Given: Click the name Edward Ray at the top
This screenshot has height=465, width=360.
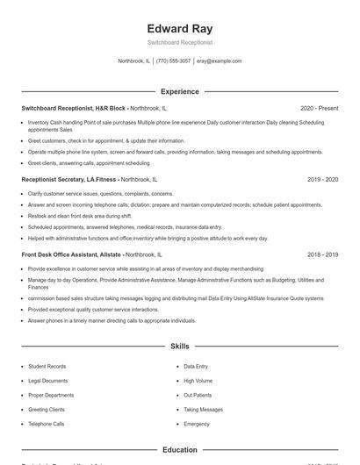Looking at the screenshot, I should [179, 28].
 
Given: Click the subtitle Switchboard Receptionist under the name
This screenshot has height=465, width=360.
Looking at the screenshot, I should [179, 42].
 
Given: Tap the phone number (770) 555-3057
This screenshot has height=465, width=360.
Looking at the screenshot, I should [174, 61].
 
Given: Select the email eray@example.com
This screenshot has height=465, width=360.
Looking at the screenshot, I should [219, 61].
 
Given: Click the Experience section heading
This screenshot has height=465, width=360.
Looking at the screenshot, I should [179, 91].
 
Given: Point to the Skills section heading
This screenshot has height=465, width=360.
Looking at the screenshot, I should [179, 347].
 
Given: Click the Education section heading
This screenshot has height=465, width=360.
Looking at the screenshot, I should [179, 450].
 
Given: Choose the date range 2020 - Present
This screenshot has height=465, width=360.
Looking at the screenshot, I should [319, 108].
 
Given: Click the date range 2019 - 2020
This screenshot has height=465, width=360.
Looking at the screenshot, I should [322, 179].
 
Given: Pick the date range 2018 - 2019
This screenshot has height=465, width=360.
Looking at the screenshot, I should [322, 254].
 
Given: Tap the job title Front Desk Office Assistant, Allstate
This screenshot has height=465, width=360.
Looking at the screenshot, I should [71, 254].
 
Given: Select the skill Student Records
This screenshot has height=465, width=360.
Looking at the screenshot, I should [47, 366].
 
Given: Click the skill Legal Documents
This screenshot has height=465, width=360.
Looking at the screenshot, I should [47, 381].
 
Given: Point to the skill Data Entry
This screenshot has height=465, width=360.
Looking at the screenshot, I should [196, 366].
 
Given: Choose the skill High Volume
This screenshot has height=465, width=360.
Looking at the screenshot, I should [198, 381].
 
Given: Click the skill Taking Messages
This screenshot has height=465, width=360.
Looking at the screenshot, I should [203, 410].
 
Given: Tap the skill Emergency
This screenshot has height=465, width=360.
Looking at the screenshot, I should [197, 424].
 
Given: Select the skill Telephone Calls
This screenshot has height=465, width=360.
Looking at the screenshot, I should [46, 424].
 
